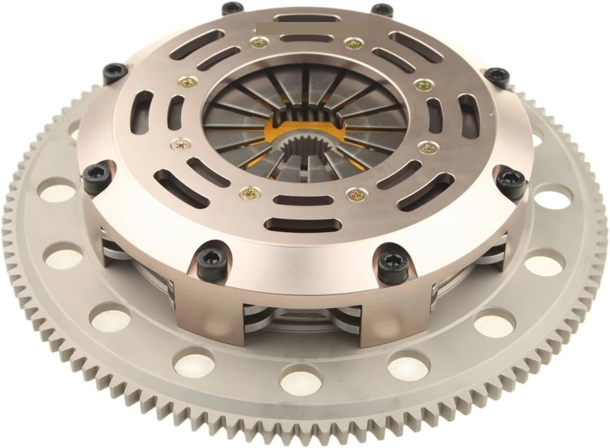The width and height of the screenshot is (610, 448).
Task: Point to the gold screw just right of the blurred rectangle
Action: [352, 43]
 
